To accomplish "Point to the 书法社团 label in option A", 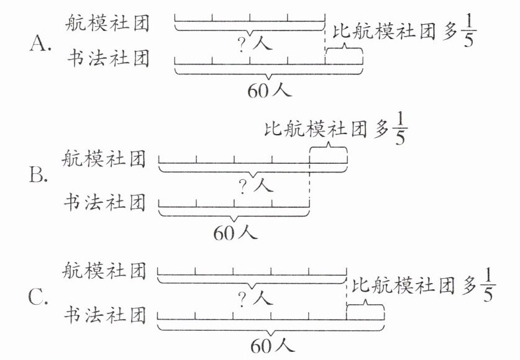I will click(107, 60).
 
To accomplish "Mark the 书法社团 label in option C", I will click(104, 316).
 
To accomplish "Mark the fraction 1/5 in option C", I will click(488, 284).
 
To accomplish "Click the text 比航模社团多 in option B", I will click(325, 130).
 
